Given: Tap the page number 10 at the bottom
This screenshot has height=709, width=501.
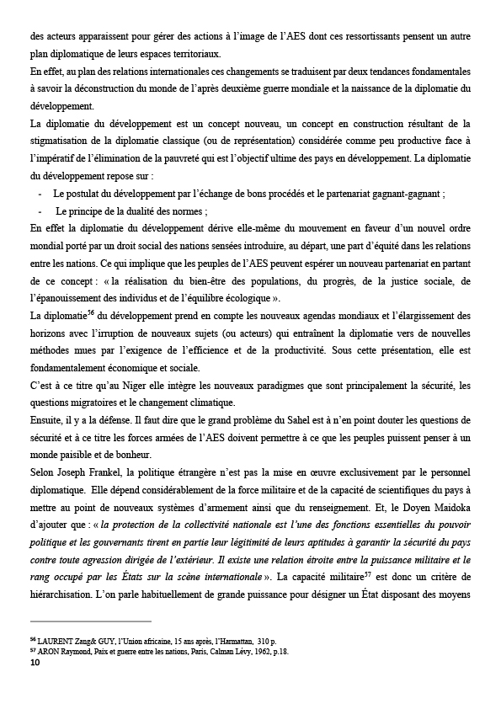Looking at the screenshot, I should (35, 663).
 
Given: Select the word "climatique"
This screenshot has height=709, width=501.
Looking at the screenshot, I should (205, 402).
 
